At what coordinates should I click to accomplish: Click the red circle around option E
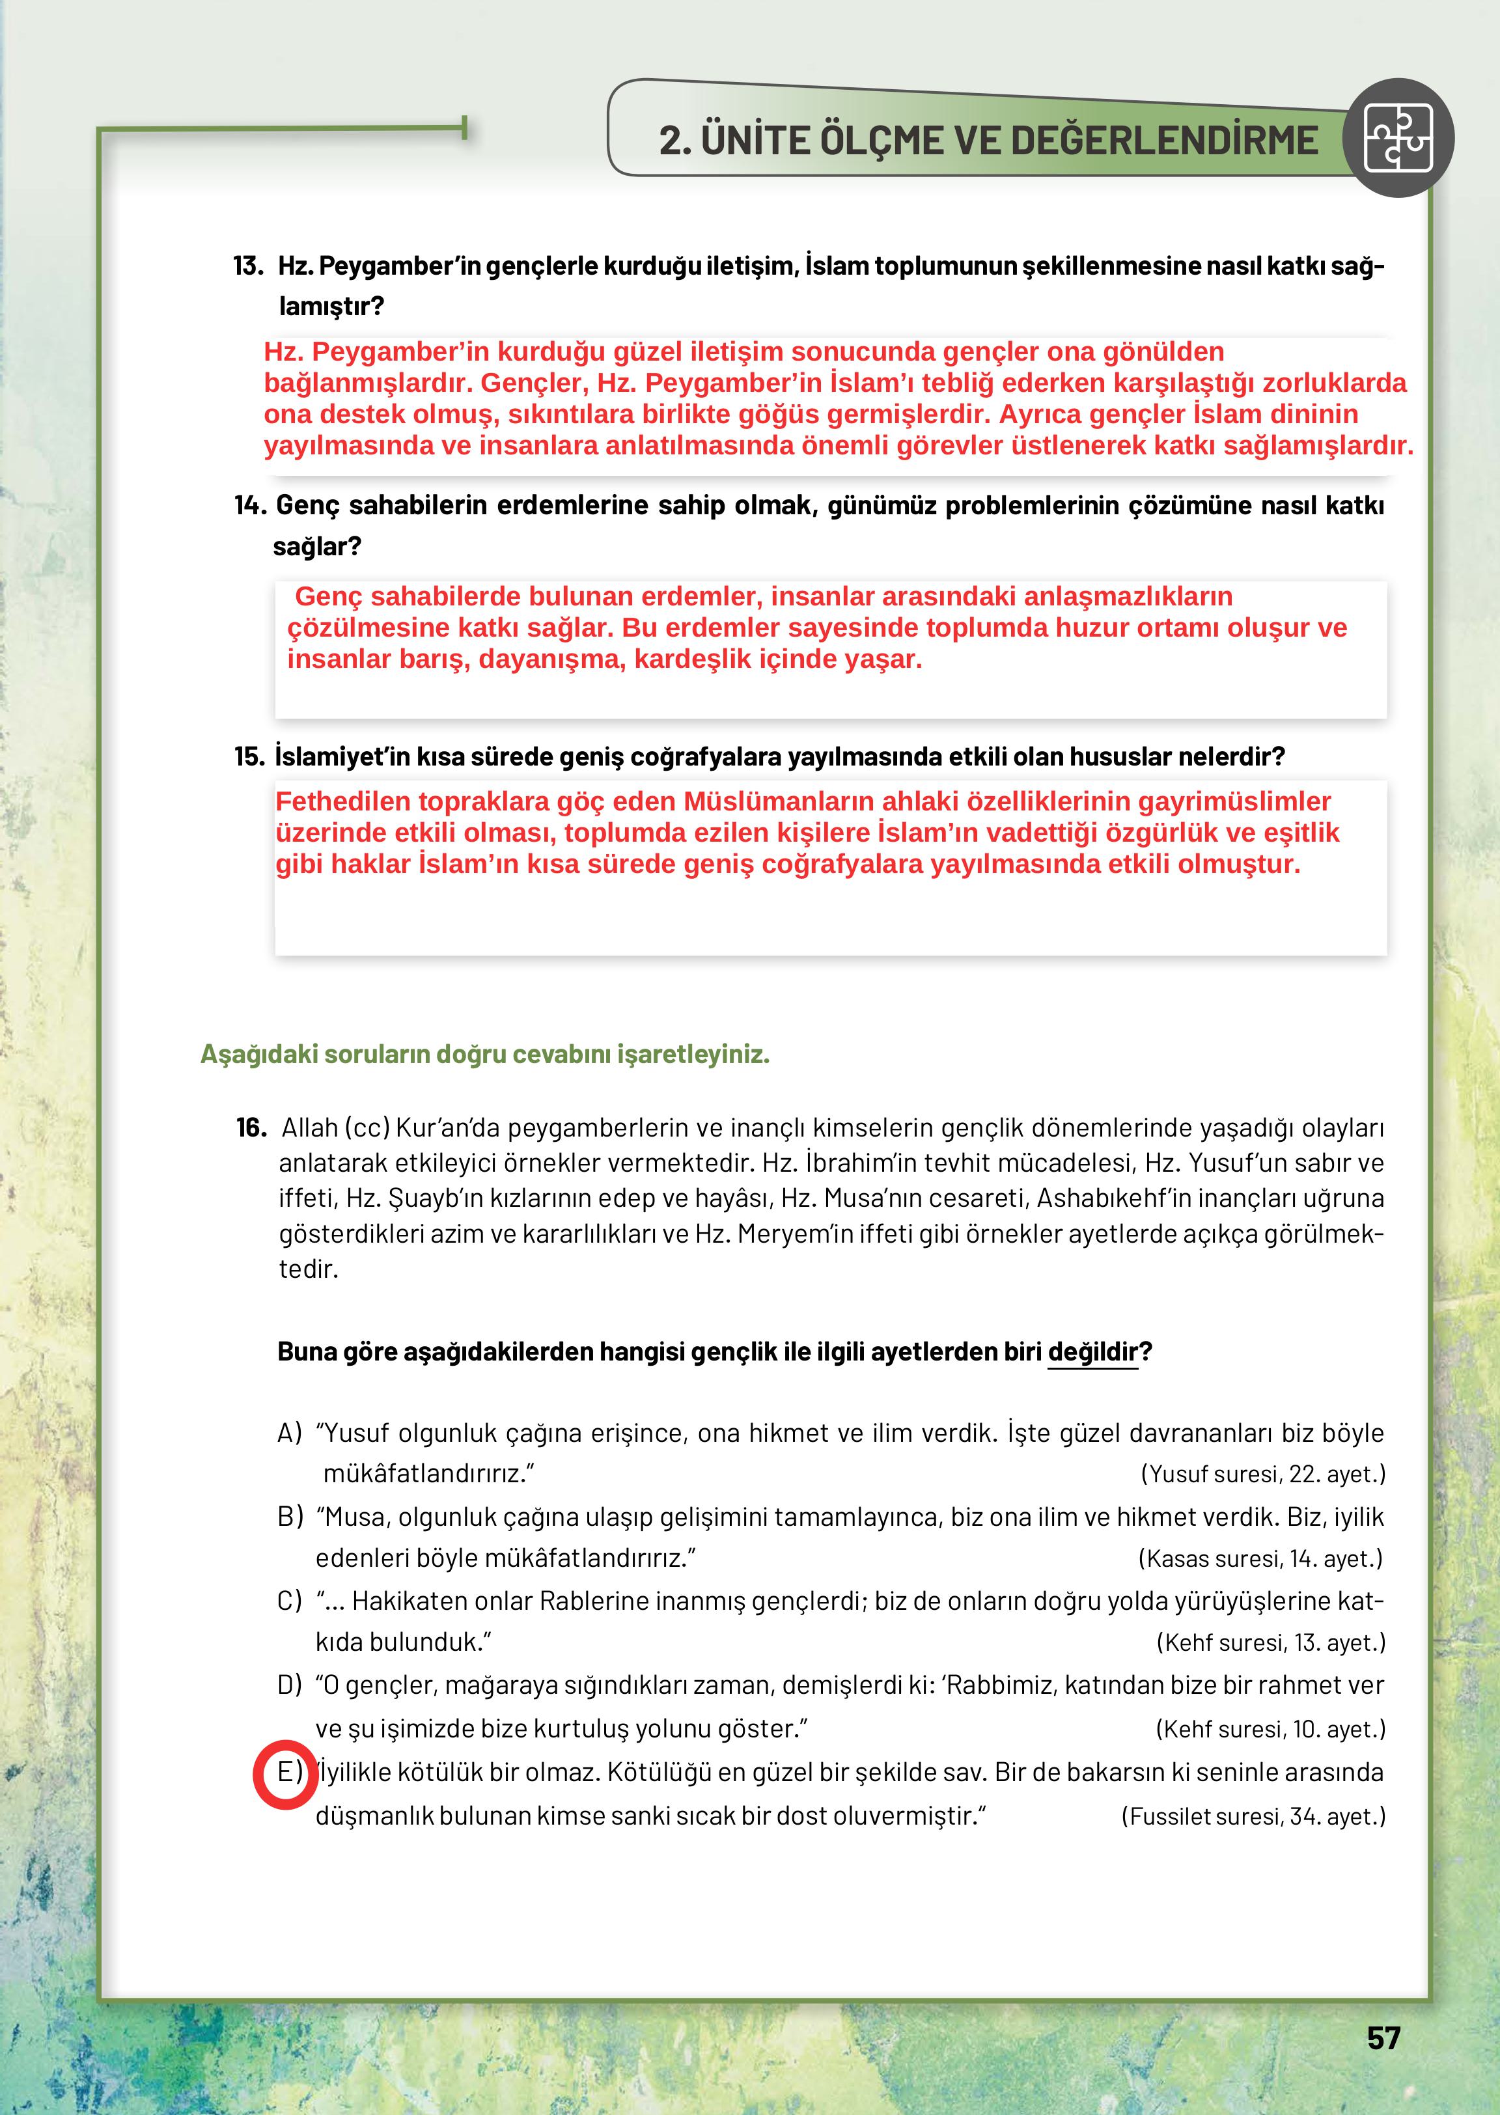pos(285,1773)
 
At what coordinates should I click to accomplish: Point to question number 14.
pos(249,505)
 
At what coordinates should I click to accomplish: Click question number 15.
pos(249,756)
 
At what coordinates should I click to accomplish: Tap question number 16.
pos(251,1127)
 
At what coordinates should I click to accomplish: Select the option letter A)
pos(289,1433)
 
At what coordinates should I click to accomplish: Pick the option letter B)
pos(289,1517)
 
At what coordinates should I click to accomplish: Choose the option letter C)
pos(289,1601)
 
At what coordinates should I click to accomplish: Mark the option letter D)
pos(289,1685)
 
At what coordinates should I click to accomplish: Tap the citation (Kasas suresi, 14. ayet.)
pos(1261,1559)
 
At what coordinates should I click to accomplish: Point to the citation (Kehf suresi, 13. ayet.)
pos(1270,1643)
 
